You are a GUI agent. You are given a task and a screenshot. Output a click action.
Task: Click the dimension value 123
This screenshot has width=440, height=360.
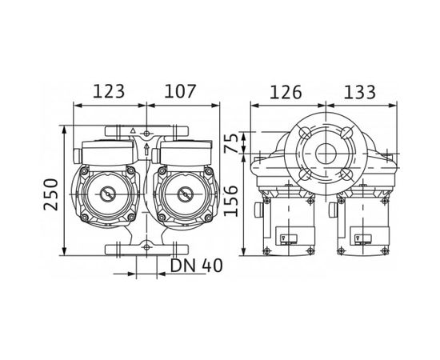click(x=109, y=91)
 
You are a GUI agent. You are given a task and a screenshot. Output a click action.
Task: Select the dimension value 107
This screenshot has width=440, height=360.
click(x=180, y=91)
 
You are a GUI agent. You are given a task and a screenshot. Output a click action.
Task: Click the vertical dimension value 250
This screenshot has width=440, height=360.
click(x=52, y=194)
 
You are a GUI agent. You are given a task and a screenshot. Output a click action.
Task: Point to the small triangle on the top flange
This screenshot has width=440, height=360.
click(x=132, y=128)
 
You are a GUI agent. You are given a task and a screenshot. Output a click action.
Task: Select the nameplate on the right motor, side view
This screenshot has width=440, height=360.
click(x=362, y=238)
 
